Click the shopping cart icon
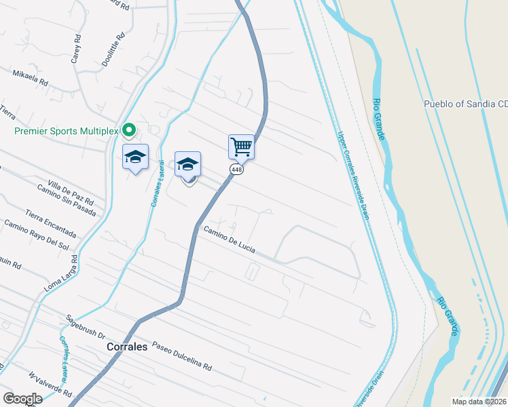(241, 146)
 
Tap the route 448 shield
(236, 169)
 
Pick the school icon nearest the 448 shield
(187, 164)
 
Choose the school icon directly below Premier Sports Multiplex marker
(136, 157)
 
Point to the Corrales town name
(127, 346)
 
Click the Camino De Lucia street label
(230, 240)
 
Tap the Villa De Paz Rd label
(70, 193)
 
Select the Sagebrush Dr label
(85, 327)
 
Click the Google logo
(22, 398)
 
